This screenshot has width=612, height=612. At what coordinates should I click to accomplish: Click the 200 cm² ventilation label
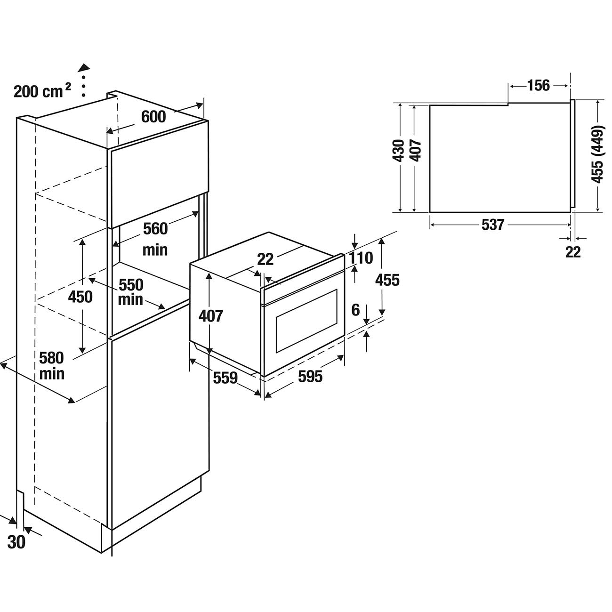42,91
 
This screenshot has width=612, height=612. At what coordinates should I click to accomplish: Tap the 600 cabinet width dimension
153,116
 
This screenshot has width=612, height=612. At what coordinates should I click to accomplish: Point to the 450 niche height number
81,297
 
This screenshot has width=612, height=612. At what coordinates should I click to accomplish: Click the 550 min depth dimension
130,292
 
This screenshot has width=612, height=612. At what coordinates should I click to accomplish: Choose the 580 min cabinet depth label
51,365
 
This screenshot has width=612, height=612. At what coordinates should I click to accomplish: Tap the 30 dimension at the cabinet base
16,542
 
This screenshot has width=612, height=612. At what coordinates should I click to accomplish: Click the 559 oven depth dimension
225,377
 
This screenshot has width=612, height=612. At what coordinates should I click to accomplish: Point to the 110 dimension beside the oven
361,258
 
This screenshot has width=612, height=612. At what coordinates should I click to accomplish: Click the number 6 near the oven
355,310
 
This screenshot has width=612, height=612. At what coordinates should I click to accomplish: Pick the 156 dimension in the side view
538,85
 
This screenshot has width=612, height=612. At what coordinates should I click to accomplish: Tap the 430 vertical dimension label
398,151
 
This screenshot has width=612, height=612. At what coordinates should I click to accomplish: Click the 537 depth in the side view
492,225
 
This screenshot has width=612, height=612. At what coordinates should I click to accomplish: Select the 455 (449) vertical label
597,154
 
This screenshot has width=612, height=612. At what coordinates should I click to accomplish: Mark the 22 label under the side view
573,252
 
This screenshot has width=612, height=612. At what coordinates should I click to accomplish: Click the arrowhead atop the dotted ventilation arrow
84,67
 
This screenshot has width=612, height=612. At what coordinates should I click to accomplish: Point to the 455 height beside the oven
387,280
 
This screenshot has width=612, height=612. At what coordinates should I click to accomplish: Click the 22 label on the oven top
266,258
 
